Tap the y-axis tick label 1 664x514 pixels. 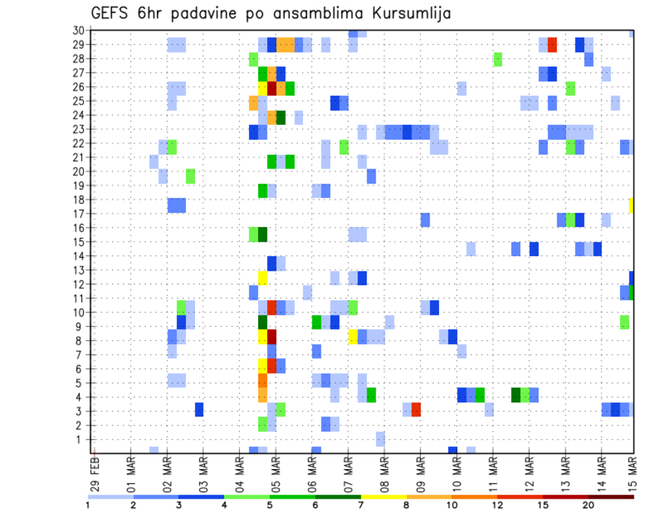[81, 439]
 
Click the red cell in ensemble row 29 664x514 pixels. [552, 45]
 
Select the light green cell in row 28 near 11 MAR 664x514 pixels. [498, 59]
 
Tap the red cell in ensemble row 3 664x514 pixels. [416, 409]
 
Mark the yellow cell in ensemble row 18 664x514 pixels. [631, 205]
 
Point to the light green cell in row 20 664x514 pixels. [190, 177]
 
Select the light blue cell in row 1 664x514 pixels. [380, 438]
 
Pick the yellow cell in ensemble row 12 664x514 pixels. [263, 278]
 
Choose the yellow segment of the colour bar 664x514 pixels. [383, 497]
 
